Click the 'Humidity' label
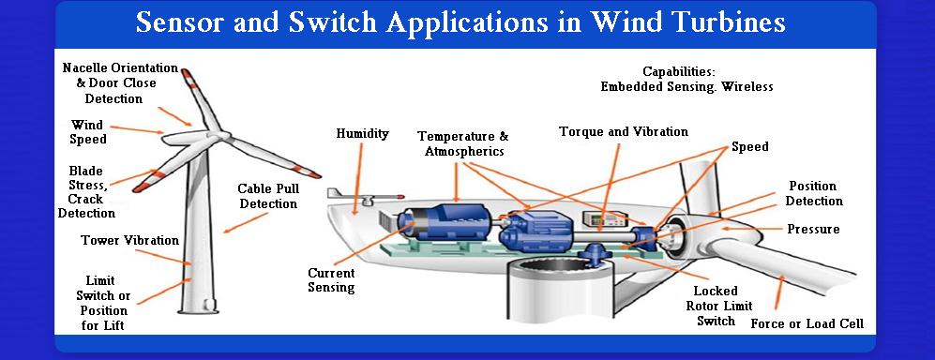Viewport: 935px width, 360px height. pos(362,134)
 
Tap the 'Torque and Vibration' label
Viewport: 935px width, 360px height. pos(623,132)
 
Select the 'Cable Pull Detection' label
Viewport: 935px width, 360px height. pos(267,196)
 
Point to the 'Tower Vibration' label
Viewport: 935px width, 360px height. pos(130,240)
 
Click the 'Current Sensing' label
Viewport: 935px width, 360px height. pos(331,280)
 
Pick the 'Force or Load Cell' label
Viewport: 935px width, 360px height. pos(807,324)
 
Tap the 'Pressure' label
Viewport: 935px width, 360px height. pos(813,229)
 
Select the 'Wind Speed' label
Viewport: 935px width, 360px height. pos(88,132)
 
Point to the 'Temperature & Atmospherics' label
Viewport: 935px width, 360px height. pos(463,143)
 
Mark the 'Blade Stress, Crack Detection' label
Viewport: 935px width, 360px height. pos(86,192)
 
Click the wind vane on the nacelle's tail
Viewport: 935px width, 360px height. pos(341,195)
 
